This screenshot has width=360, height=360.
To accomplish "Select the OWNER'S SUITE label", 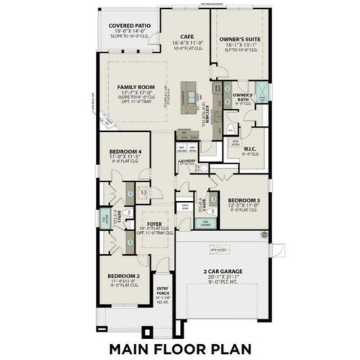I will point(238,37).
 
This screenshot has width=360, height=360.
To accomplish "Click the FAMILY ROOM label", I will point(134,88).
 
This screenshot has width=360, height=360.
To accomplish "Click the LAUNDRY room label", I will point(187,160).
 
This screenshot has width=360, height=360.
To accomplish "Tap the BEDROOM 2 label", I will point(123,276).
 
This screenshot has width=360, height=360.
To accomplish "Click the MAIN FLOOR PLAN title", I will point(179,349).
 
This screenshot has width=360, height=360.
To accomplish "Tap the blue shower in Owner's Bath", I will point(262,93).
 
